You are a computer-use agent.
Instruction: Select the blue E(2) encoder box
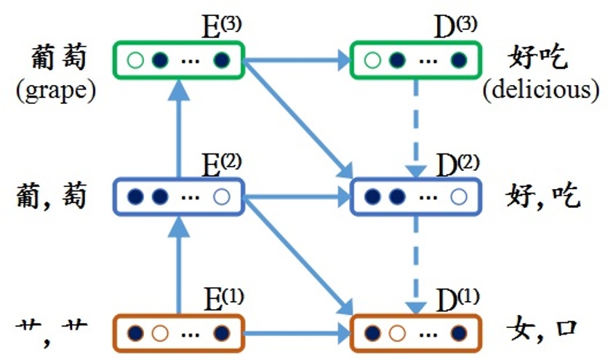(179, 196)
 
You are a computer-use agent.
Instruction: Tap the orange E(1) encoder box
(179, 334)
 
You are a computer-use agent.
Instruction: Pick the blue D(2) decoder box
(415, 196)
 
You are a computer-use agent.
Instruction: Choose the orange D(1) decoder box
(415, 334)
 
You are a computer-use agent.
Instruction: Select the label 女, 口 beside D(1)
(542, 329)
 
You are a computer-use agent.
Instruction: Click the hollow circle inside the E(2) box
(223, 196)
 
